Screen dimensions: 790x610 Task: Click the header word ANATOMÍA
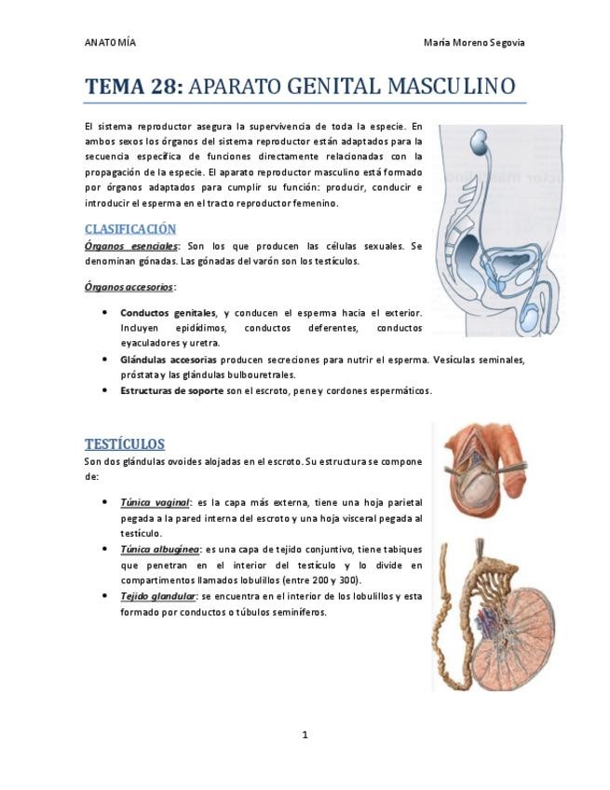pyautogui.click(x=110, y=43)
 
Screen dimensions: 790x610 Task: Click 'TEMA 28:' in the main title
pyautogui.click(x=134, y=88)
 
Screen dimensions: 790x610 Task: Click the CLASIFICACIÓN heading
pyautogui.click(x=129, y=228)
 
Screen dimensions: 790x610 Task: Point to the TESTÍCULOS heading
pyautogui.click(x=124, y=443)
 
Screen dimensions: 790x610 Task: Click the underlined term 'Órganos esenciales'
pyautogui.click(x=130, y=246)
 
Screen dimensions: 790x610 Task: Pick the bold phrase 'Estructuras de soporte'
pyautogui.click(x=171, y=390)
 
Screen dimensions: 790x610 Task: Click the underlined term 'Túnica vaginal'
pyautogui.click(x=155, y=502)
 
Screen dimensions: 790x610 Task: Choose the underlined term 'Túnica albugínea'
pyautogui.click(x=159, y=550)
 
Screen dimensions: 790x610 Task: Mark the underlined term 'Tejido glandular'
pyautogui.click(x=157, y=596)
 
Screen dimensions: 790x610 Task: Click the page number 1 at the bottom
pyautogui.click(x=305, y=735)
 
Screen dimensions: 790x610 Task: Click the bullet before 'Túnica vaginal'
pyautogui.click(x=102, y=502)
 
